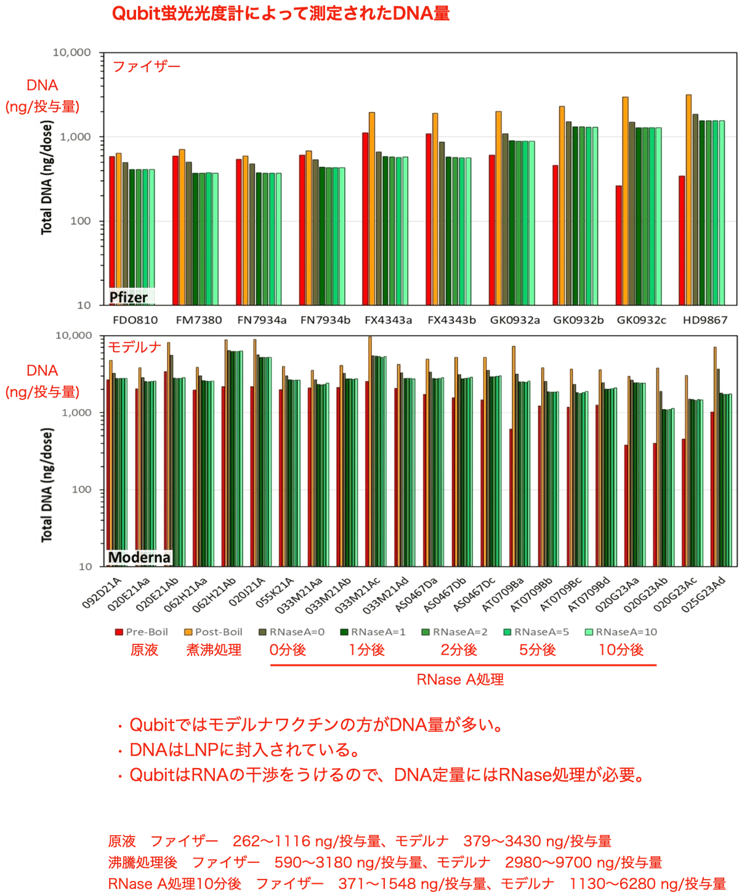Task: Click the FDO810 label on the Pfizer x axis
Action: (135, 320)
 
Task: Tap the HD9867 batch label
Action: (705, 320)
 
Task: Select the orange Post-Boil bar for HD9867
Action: (689, 200)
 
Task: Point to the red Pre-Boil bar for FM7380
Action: (176, 230)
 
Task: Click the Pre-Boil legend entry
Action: (141, 632)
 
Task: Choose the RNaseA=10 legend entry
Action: (620, 632)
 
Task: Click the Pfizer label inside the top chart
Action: (128, 298)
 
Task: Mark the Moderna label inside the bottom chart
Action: (139, 557)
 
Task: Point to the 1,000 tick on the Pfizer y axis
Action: (75, 137)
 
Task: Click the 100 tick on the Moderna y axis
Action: (81, 490)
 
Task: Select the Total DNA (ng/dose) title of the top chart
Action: (47, 177)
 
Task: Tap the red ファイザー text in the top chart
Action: (146, 67)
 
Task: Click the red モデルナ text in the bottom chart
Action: (134, 347)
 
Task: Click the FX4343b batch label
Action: (451, 320)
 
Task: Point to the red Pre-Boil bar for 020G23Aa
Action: (626, 506)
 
